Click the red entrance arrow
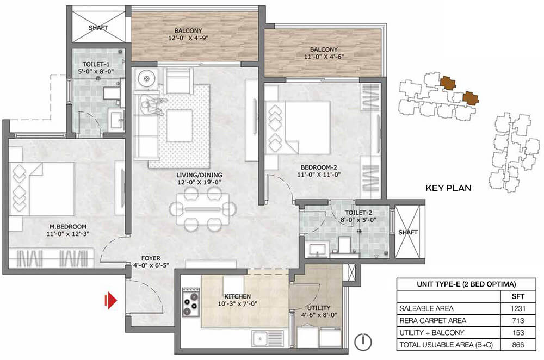coord(111,300)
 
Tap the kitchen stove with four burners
coord(190,302)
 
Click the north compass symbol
coord(363,342)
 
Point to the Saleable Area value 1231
coord(518,308)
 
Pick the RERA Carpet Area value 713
coord(518,320)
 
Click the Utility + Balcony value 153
coord(518,333)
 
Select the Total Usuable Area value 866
coord(518,345)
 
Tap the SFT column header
coord(518,296)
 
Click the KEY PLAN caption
coord(448,188)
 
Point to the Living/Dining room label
coord(199,175)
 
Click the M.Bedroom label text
coord(68,226)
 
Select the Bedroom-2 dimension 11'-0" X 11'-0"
coord(319,175)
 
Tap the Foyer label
coord(151,258)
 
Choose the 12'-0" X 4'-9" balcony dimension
coord(188,38)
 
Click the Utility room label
coord(318,308)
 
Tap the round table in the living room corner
coord(146,79)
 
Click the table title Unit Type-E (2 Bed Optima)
coord(466,284)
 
